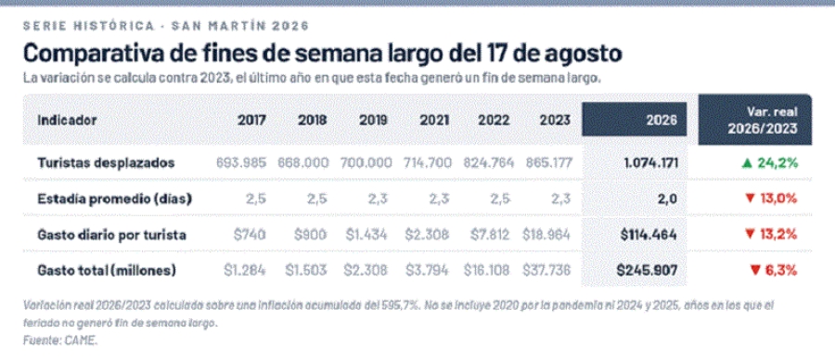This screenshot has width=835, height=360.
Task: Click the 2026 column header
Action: (x=662, y=120)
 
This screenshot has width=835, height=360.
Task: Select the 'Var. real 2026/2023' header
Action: (x=763, y=120)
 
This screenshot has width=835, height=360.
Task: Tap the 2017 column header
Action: (x=251, y=120)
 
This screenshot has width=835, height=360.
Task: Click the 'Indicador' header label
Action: (x=67, y=120)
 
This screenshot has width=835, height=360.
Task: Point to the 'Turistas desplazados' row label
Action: (x=106, y=163)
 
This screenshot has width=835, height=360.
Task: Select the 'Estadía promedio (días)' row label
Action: (x=114, y=199)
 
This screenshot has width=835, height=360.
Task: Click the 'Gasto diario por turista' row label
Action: (x=111, y=235)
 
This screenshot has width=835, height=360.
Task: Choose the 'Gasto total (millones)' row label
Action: (x=107, y=271)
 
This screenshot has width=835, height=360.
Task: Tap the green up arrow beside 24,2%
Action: (x=747, y=163)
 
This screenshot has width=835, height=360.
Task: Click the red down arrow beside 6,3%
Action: (x=754, y=271)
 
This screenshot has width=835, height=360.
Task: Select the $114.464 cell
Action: (x=649, y=235)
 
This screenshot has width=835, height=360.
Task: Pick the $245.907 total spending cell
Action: (x=647, y=271)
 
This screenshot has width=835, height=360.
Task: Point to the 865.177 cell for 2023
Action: (x=548, y=163)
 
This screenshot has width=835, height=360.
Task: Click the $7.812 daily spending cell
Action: (x=487, y=235)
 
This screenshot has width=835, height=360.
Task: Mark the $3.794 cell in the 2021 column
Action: (x=427, y=271)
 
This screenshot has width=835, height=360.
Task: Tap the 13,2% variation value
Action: (x=777, y=235)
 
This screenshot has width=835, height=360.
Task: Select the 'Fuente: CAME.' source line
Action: (x=60, y=341)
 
